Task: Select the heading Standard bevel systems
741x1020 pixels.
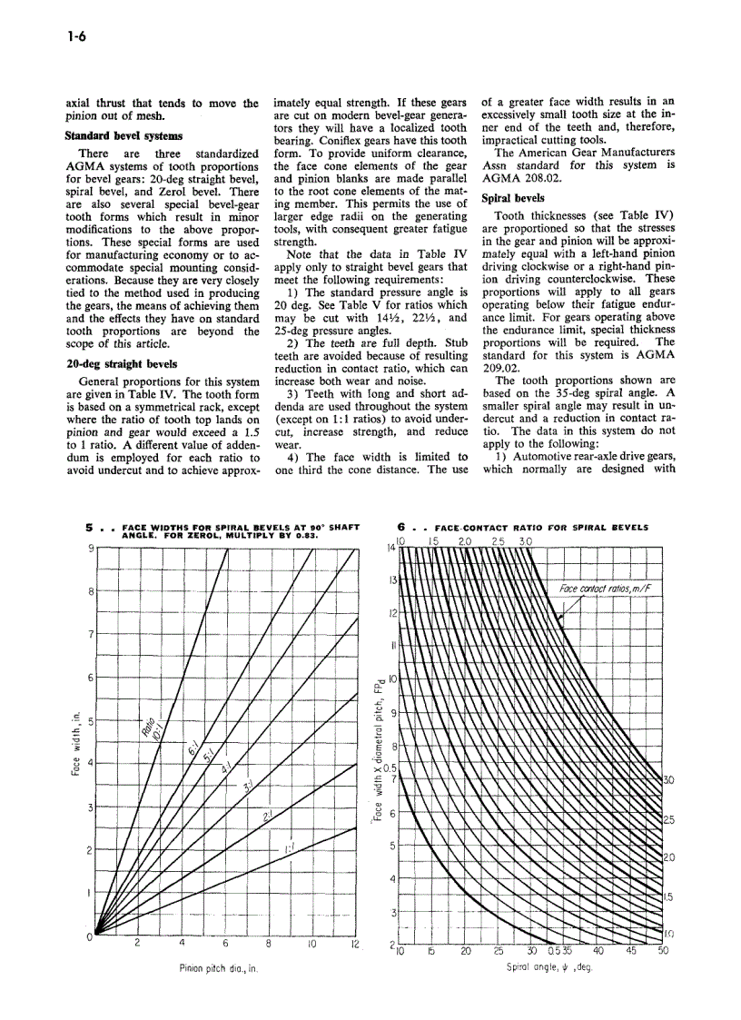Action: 123,136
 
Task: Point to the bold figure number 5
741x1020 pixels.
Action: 90,526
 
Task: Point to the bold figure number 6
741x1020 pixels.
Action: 402,526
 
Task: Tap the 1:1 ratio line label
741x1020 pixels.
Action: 288,848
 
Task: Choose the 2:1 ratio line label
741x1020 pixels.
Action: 267,817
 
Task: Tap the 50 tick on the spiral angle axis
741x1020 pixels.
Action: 663,951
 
